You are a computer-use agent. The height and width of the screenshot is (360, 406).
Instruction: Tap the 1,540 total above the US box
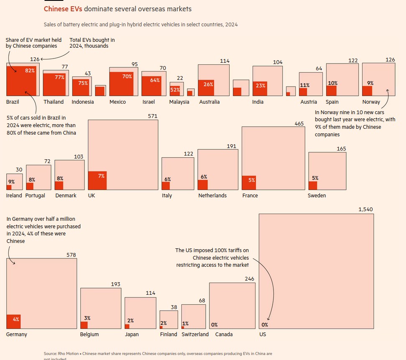point(365,209)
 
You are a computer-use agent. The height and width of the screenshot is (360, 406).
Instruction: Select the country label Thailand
point(54,102)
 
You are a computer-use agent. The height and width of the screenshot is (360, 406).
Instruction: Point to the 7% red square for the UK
point(97,180)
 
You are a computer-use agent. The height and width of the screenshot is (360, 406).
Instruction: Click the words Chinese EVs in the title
point(63,9)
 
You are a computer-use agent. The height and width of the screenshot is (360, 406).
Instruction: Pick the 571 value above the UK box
point(153,116)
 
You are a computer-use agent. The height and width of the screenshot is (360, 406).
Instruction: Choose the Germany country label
point(17,334)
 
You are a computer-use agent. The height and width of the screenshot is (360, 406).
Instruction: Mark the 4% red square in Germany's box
point(13,321)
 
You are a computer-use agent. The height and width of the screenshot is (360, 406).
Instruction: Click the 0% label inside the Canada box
point(214,325)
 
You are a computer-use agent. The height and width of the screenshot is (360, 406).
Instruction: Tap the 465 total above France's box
point(299,124)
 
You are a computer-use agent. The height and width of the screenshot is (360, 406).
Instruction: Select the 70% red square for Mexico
point(121,84)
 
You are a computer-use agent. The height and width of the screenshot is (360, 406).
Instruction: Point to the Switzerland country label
point(195,334)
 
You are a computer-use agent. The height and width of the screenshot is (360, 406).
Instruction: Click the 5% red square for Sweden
point(313,185)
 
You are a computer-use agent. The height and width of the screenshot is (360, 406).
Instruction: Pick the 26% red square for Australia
point(206,88)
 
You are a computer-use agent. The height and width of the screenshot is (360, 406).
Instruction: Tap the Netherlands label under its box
point(212,196)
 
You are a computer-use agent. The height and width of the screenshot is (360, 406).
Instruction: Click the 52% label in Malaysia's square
point(175,89)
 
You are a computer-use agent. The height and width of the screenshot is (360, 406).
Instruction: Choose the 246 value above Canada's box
point(250,279)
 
